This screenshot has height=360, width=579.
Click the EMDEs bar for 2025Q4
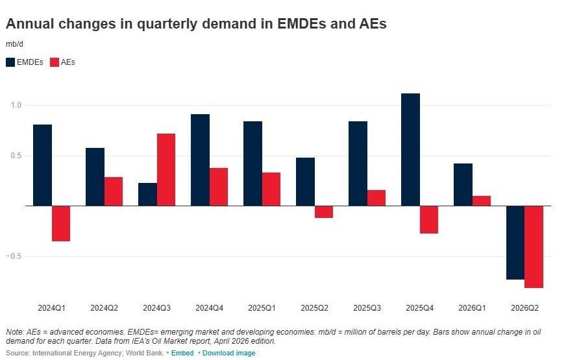click(410, 149)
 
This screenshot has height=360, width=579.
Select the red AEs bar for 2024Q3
click(166, 170)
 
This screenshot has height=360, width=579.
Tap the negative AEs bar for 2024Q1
click(61, 224)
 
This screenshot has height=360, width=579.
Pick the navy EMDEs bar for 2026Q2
click(515, 243)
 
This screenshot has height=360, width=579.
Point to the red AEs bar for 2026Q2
click(534, 246)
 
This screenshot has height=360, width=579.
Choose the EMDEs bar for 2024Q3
click(148, 195)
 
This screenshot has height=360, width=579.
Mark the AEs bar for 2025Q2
click(324, 211)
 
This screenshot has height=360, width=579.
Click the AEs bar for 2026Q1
click(482, 200)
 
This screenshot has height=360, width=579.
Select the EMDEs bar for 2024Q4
click(200, 160)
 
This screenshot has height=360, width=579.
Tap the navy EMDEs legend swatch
click(10, 62)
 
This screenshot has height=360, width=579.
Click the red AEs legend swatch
click(55, 62)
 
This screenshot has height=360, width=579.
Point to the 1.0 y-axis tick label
click(16, 105)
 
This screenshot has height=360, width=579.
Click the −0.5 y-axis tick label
click(14, 256)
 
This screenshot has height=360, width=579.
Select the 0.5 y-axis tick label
click(16, 156)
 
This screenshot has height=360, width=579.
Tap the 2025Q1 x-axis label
click(262, 308)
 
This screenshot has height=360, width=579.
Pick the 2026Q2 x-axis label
click(524, 308)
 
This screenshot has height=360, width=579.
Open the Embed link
click(182, 353)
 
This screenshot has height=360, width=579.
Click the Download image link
click(229, 353)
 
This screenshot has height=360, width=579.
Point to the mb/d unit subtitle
click(14, 44)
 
